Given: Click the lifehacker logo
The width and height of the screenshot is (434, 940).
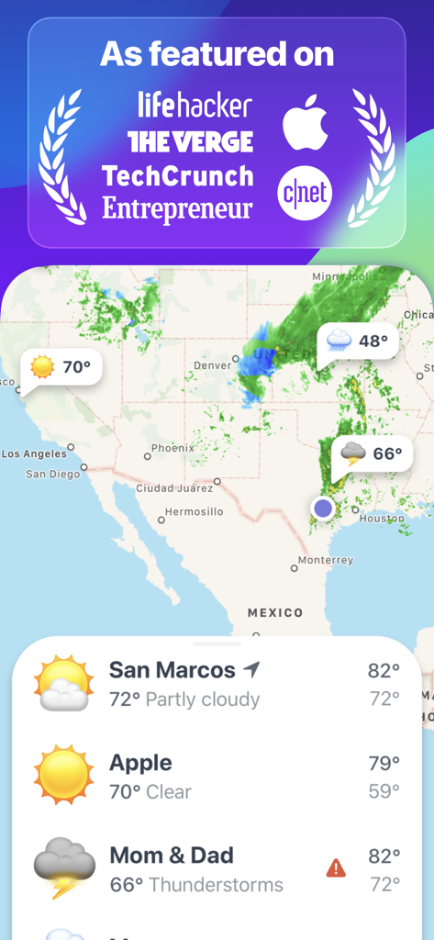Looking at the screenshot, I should click(194, 105).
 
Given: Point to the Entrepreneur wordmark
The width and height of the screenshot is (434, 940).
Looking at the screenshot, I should click(177, 208).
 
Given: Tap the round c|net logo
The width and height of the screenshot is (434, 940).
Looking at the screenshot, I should click(305, 192).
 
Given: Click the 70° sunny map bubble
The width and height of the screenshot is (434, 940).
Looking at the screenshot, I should click(62, 368).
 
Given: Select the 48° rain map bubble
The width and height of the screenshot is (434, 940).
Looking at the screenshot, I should click(359, 341).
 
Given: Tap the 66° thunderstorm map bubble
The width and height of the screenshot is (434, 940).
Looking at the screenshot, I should click(373, 453).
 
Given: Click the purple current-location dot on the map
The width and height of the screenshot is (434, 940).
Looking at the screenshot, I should click(322, 508).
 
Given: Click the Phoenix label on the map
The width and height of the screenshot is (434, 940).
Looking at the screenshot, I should click(172, 448).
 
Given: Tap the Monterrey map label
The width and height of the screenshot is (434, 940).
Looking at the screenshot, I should click(326, 560).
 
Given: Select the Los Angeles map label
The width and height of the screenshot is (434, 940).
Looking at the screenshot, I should click(34, 453).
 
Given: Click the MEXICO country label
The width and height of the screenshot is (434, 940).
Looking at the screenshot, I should click(275, 612).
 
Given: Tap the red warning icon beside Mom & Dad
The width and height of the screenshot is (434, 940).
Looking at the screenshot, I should click(336, 867).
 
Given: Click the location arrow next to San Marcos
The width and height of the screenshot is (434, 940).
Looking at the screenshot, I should click(252, 669).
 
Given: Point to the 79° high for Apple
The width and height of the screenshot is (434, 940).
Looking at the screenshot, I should click(384, 763).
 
